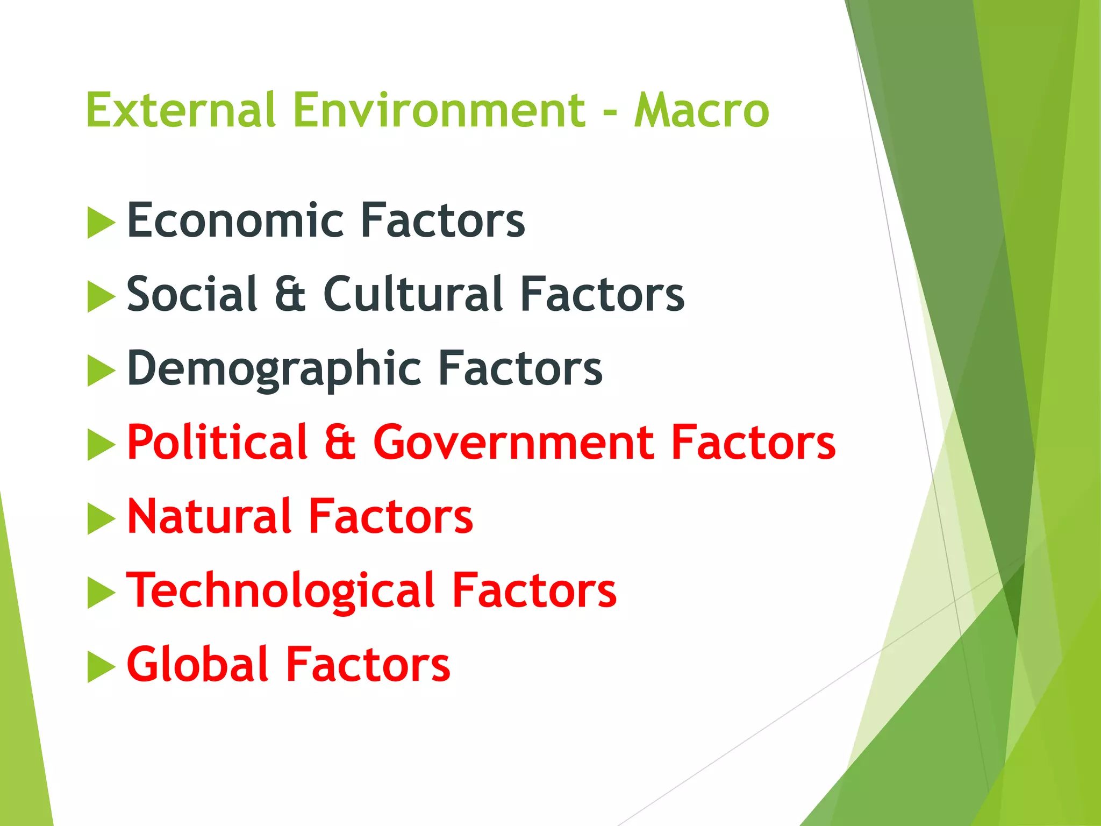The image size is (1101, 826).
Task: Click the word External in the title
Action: [181, 110]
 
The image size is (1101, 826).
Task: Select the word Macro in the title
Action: [702, 110]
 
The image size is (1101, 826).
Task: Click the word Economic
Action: [235, 220]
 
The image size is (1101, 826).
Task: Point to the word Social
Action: [192, 294]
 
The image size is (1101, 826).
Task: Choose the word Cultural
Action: [413, 294]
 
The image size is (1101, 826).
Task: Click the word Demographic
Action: [274, 369]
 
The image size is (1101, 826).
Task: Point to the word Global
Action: [197, 665]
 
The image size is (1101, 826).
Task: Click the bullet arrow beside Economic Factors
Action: [101, 223]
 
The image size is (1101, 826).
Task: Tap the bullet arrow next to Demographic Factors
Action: [101, 371]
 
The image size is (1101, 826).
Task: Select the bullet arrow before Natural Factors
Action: [101, 519]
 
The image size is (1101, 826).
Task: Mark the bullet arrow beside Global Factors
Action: [101, 667]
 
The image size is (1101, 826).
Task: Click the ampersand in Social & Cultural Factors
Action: [290, 295]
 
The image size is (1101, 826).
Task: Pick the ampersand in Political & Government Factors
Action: [340, 443]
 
